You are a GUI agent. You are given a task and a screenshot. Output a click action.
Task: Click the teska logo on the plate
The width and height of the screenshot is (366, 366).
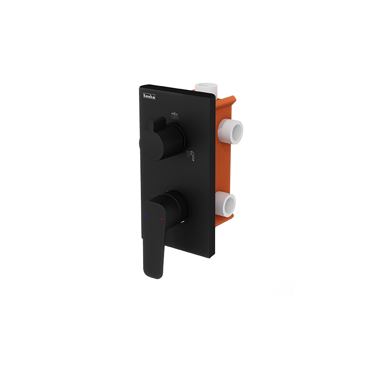coord(149,96)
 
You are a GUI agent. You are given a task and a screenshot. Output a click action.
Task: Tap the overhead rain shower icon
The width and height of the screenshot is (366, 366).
coord(175,115)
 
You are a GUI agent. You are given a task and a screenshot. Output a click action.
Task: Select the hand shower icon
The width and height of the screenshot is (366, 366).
coord(191,155)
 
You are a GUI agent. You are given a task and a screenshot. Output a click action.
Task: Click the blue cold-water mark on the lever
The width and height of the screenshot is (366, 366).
coord(145,214)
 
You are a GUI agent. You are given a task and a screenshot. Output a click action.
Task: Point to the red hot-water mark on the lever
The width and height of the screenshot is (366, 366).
coord(162,219)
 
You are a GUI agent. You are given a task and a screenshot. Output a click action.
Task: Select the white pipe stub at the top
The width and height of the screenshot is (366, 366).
coord(206,88)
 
